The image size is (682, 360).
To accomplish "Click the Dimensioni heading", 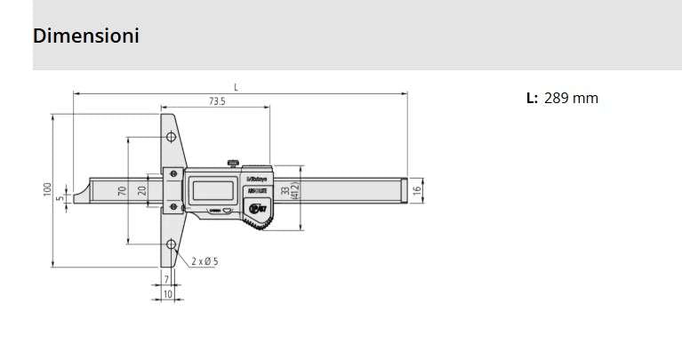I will coord(86,36).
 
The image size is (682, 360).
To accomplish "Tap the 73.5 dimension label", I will coord(217,102).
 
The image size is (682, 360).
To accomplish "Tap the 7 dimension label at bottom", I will coord(166,279).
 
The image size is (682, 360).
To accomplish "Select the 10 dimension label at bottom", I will coord(167,292).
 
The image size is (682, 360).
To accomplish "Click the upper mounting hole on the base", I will coord(169,138).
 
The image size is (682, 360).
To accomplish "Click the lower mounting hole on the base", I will coord(169,243).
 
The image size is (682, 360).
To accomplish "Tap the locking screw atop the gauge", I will coord(233,162).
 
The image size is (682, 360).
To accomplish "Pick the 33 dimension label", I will coord(285,190).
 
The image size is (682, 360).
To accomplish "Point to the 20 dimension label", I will coord(143,190).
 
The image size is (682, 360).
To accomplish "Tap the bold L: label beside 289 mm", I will coord(532,99).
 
